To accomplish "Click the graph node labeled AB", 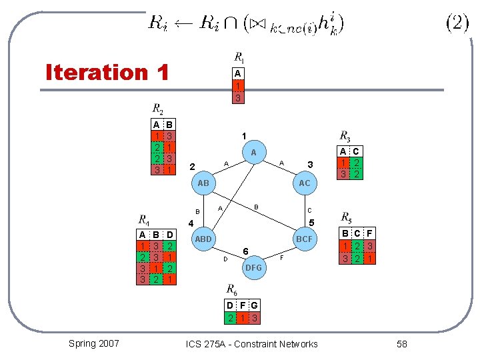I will coord(203,183).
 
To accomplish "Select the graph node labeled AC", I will coord(304,183).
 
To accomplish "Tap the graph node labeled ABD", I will coord(203,239).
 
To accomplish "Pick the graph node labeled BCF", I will coord(304,239).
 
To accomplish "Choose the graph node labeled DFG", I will coord(253,267).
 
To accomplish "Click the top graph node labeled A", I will coord(253,153).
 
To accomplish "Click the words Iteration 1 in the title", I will coord(107,72).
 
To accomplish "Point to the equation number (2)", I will coord(457,23).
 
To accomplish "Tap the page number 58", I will coord(401,344).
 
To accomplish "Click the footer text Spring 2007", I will coord(94,343).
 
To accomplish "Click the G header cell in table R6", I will coord(255,306).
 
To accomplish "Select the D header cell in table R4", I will coord(170,235).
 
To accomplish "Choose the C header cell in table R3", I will coord(355,151).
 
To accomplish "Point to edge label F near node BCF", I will coord(282,257).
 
